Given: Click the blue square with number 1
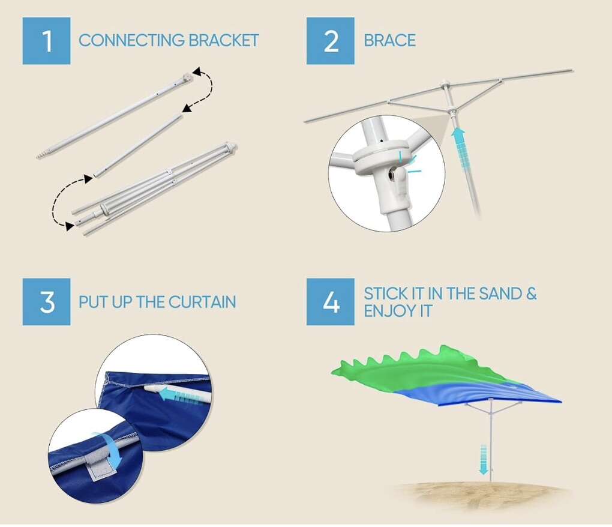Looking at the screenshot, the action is point(46,41).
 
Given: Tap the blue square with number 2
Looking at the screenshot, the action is point(330,41).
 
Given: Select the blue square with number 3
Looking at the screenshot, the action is point(46,302).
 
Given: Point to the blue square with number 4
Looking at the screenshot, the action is point(330,302).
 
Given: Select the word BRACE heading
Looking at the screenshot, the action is point(389,40).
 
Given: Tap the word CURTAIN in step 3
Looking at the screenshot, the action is point(202,302).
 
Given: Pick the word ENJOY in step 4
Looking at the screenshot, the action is point(387,311).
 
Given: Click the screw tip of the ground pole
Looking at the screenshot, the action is point(41,155).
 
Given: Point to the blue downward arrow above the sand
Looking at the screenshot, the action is point(483,459).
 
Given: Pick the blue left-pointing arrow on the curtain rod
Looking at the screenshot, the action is point(179,394).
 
